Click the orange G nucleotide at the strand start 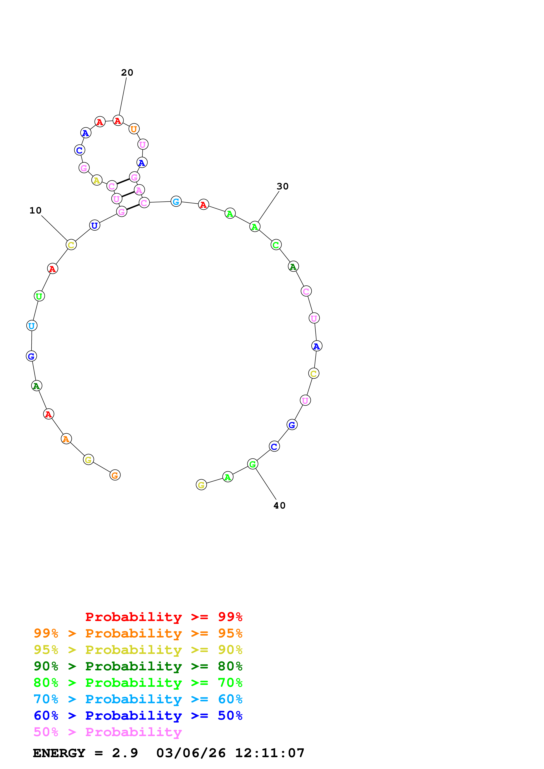[x=115, y=475]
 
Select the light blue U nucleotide [x=32, y=326]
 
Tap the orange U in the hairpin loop [x=134, y=129]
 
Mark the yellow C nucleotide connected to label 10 [x=71, y=245]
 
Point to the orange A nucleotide [x=66, y=439]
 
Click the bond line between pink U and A [x=128, y=194]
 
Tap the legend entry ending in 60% [x=138, y=699]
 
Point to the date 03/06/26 [x=191, y=753]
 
